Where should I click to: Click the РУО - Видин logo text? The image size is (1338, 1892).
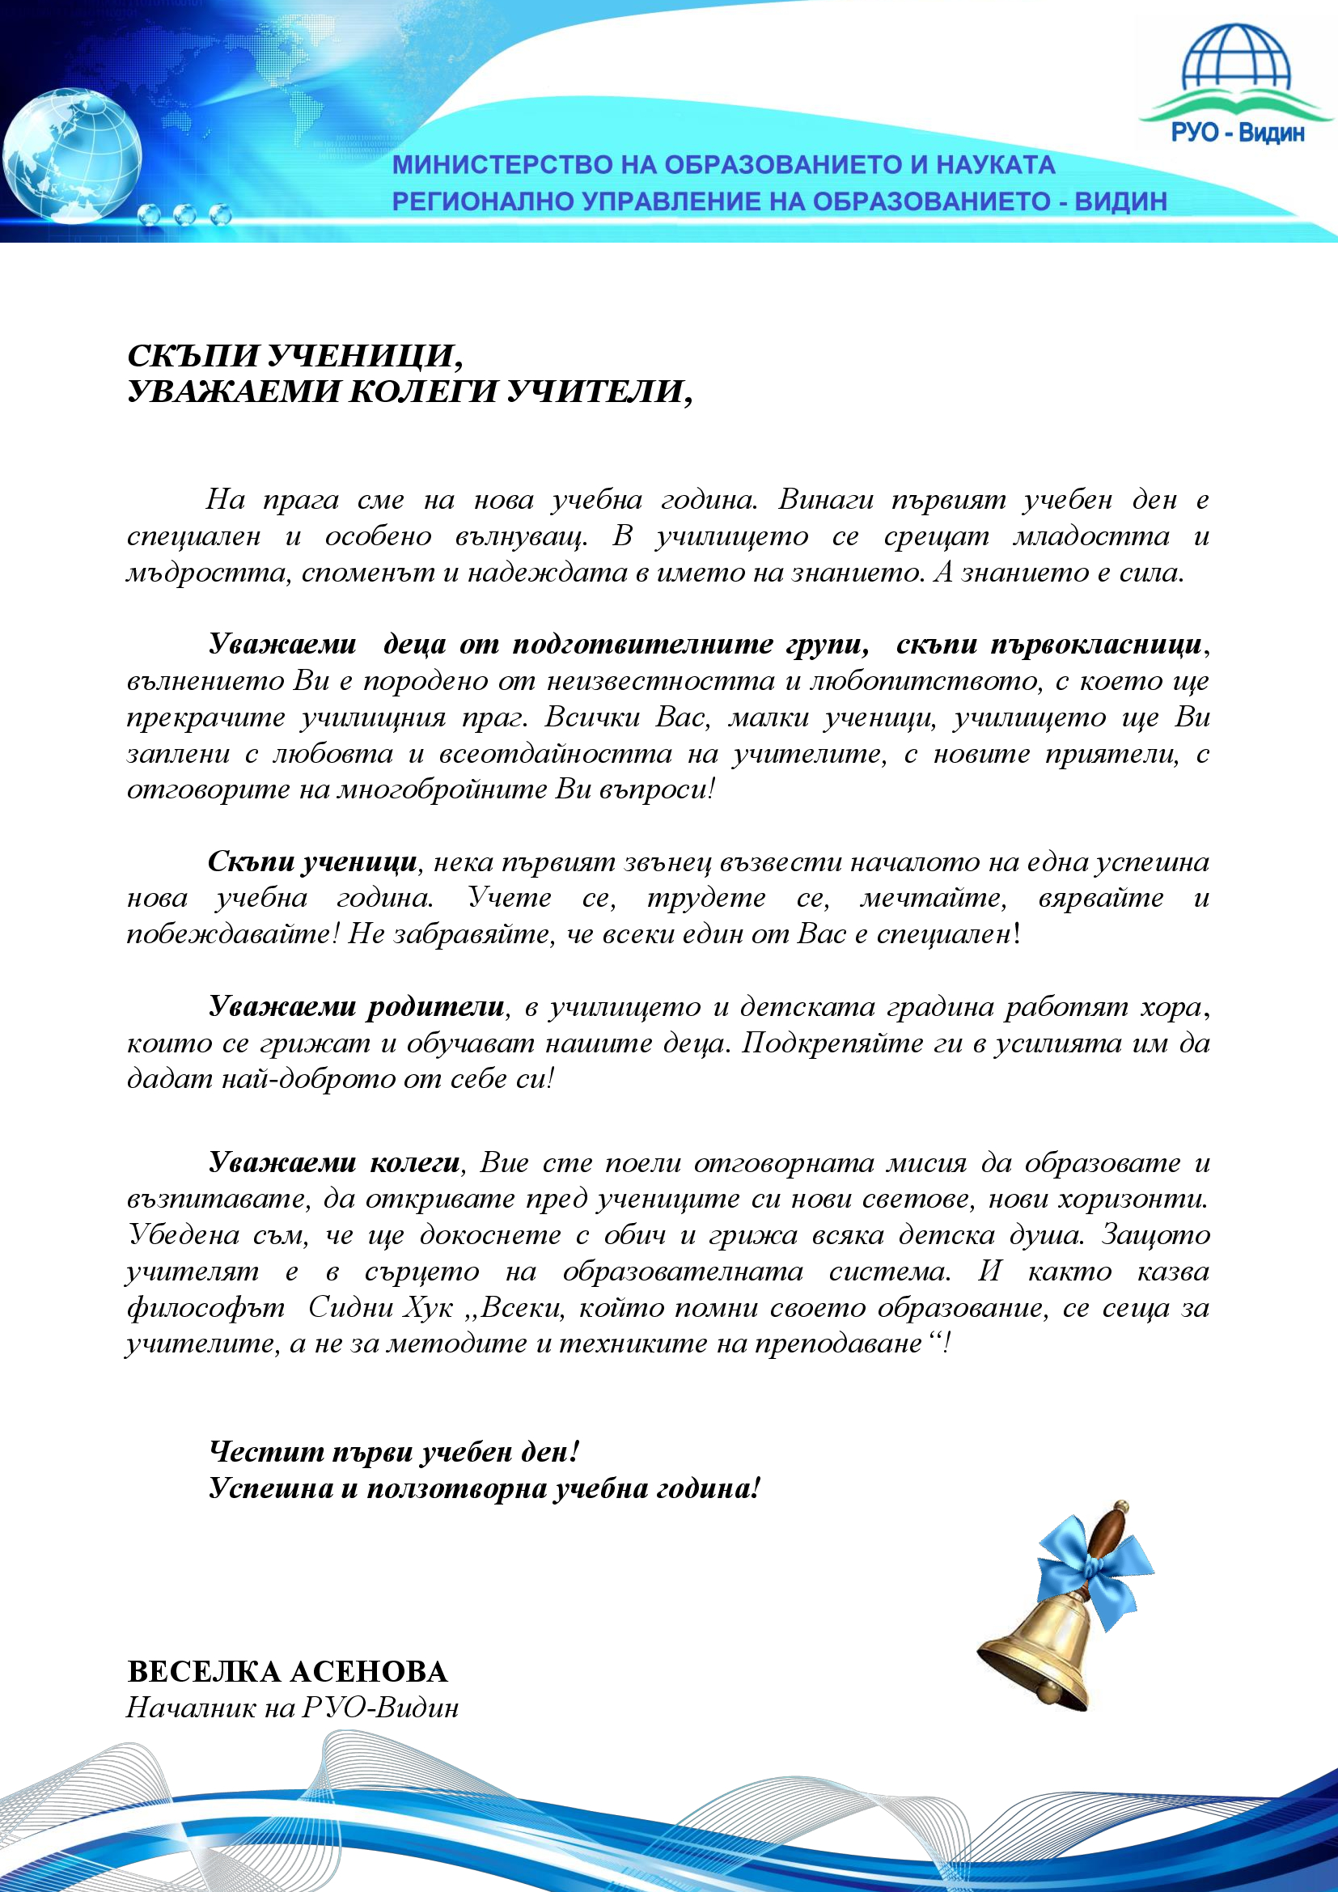pyautogui.click(x=1238, y=133)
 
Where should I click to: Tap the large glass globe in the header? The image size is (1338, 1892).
pyautogui.click(x=73, y=155)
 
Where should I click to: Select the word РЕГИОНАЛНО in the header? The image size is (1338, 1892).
pyautogui.click(x=483, y=202)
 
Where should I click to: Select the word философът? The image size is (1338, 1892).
pyautogui.click(x=206, y=1308)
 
